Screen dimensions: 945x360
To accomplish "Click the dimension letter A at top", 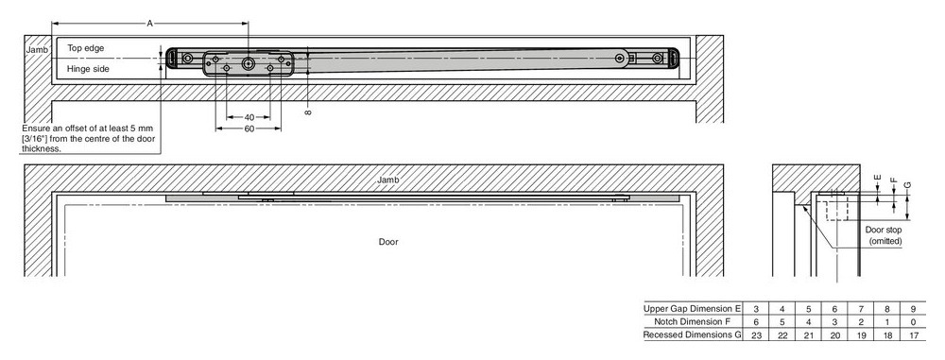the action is pyautogui.click(x=149, y=23).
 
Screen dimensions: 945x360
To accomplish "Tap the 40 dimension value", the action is pyautogui.click(x=249, y=117).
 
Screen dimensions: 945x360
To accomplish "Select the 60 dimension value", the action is pyautogui.click(x=249, y=129).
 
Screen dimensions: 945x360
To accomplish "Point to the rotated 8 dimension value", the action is pyautogui.click(x=309, y=112).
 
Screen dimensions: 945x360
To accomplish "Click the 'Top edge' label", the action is pyautogui.click(x=86, y=47).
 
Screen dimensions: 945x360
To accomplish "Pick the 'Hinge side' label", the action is pyautogui.click(x=88, y=69).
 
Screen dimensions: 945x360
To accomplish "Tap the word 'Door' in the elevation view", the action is pyautogui.click(x=388, y=242).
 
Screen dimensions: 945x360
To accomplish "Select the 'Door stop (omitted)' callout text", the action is pyautogui.click(x=885, y=235).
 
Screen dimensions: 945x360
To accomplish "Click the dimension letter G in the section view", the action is pyautogui.click(x=907, y=184).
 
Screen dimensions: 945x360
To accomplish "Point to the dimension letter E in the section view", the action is pyautogui.click(x=877, y=178).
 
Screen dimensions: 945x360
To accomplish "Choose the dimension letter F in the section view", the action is pyautogui.click(x=893, y=180).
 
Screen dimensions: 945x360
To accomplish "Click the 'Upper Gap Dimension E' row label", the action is pyautogui.click(x=693, y=308).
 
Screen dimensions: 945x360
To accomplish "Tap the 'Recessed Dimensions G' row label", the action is pyautogui.click(x=693, y=334).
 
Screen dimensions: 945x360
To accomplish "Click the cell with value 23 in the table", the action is pyautogui.click(x=756, y=335).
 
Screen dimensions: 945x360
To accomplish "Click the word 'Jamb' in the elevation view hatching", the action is pyautogui.click(x=388, y=180).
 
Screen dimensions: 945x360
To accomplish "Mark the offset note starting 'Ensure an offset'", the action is pyautogui.click(x=89, y=139).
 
